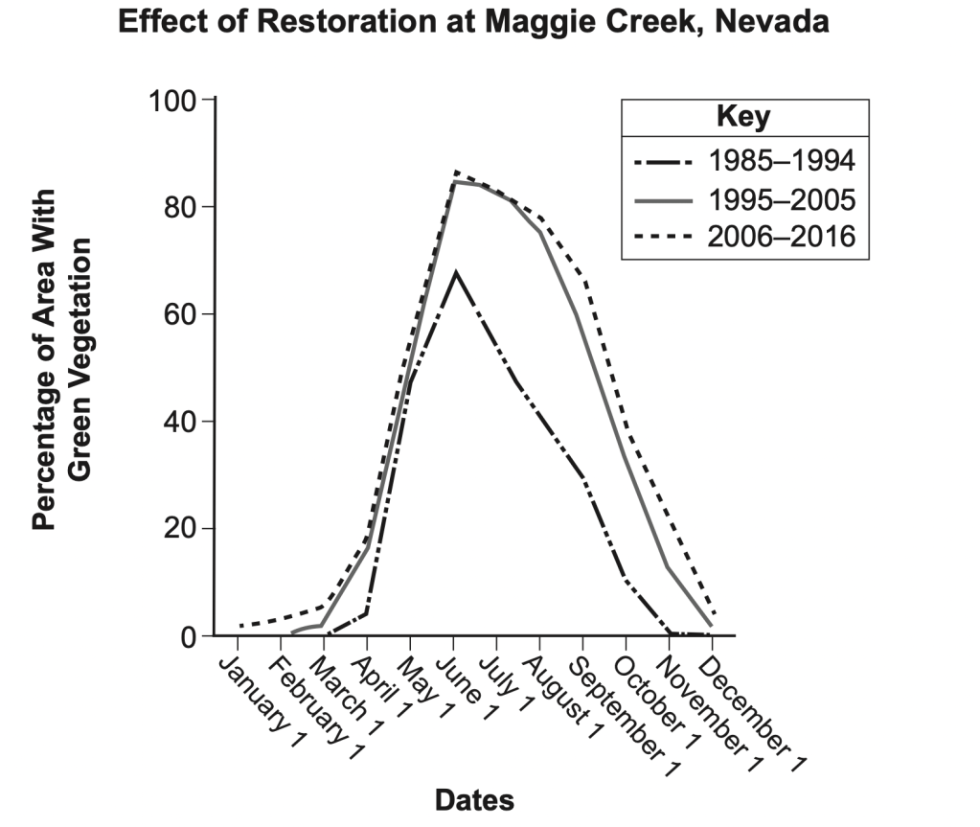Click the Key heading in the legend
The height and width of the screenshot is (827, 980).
[743, 118]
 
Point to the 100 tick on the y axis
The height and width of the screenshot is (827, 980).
[171, 100]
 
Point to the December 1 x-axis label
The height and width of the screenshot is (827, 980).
[756, 705]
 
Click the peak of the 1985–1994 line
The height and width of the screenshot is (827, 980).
[456, 272]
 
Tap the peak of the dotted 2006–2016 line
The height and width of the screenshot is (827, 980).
[456, 172]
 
